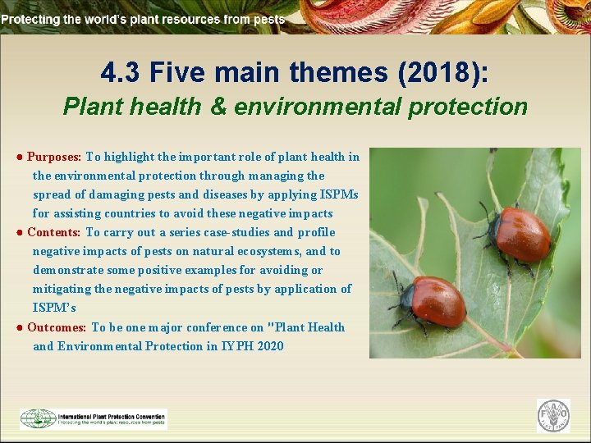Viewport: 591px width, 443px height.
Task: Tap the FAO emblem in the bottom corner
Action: pyautogui.click(x=553, y=416)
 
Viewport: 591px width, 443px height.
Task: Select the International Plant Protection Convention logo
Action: pyautogui.click(x=94, y=418)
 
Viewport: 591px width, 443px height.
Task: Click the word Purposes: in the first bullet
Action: pyautogui.click(x=54, y=157)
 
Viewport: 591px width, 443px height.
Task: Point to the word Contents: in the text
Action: pyautogui.click(x=54, y=232)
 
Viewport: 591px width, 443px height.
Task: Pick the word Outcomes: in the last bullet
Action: pyautogui.click(x=57, y=327)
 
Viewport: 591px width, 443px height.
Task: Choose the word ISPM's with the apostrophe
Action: pyautogui.click(x=54, y=308)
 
